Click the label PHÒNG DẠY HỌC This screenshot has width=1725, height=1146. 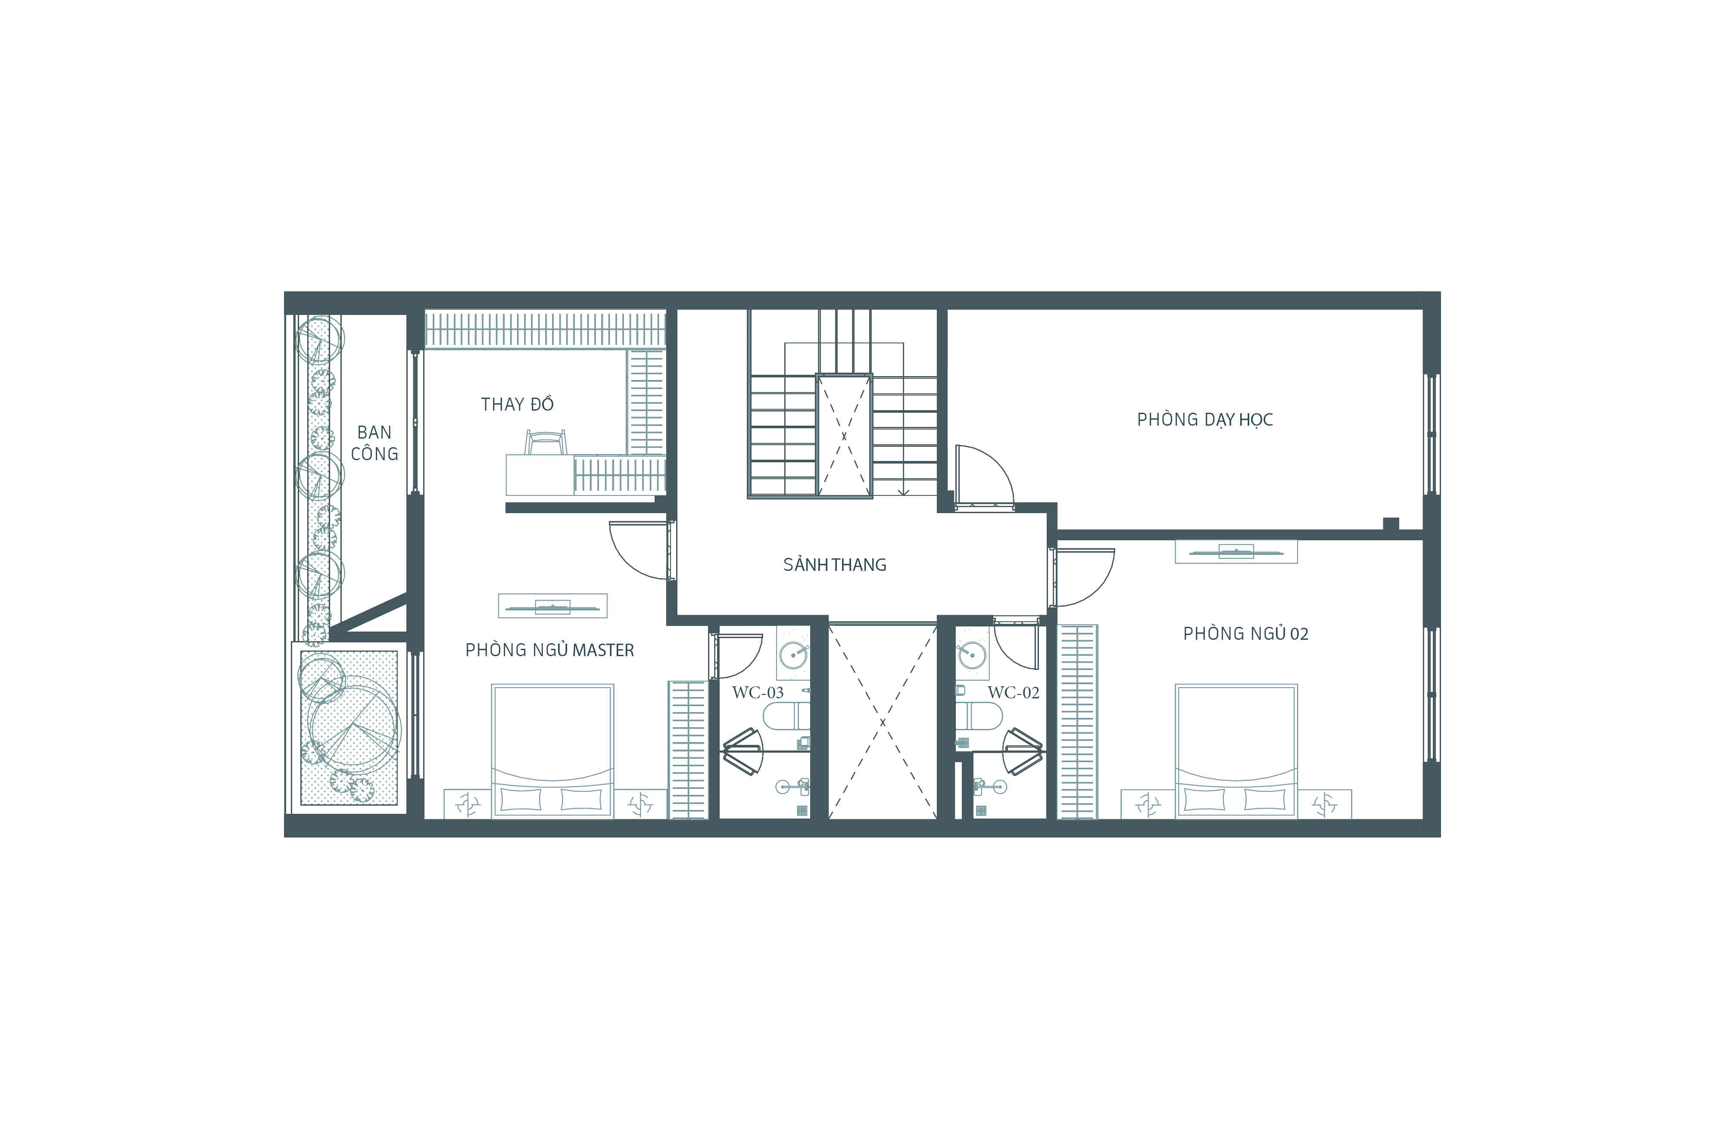click(x=1204, y=420)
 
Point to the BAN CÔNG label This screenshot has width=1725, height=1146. click(x=374, y=443)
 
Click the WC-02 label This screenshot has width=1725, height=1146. click(x=1013, y=692)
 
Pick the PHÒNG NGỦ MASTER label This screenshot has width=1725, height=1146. click(x=550, y=650)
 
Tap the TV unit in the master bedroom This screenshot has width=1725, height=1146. click(x=552, y=606)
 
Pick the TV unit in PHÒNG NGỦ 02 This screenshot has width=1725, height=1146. click(x=1236, y=552)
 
